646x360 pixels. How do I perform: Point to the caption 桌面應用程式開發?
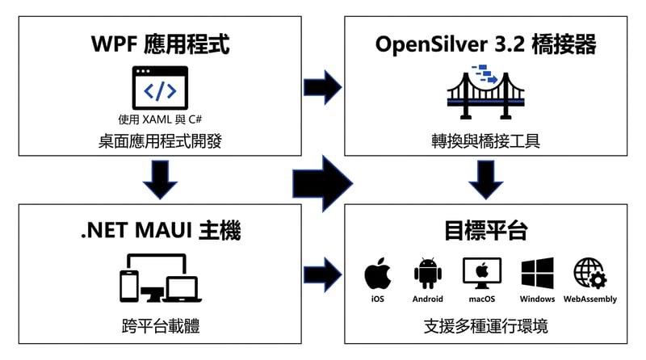[x=160, y=142]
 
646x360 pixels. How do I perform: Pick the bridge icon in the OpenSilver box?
[x=485, y=88]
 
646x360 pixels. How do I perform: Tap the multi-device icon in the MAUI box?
[x=160, y=278]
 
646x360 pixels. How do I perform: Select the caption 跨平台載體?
[x=160, y=327]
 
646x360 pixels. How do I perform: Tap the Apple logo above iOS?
[x=377, y=274]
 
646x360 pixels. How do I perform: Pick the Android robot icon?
[x=428, y=274]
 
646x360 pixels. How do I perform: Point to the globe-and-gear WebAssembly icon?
[x=589, y=274]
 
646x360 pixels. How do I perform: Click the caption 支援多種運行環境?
[x=485, y=327]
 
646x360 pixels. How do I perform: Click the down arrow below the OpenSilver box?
[x=486, y=179]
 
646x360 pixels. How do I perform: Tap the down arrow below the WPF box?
[x=160, y=179]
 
